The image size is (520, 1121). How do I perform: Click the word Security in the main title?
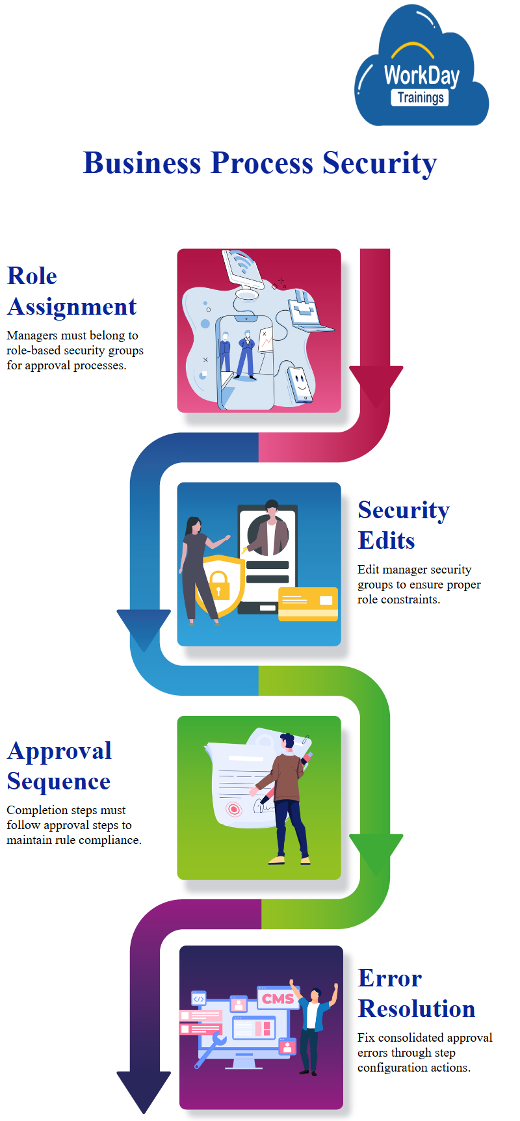click(380, 163)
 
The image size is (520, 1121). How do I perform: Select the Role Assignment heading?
click(71, 291)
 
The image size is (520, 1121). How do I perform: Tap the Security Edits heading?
click(403, 525)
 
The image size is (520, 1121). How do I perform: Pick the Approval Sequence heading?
click(59, 766)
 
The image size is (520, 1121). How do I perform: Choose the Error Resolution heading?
click(416, 994)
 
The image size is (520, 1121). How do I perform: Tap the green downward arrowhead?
click(376, 852)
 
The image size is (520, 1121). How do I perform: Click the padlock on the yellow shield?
click(218, 584)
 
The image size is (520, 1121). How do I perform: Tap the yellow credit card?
click(308, 604)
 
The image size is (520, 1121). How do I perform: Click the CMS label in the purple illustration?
click(278, 998)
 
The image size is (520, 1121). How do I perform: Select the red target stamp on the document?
click(233, 809)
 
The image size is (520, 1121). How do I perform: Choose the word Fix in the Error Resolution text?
click(366, 1038)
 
